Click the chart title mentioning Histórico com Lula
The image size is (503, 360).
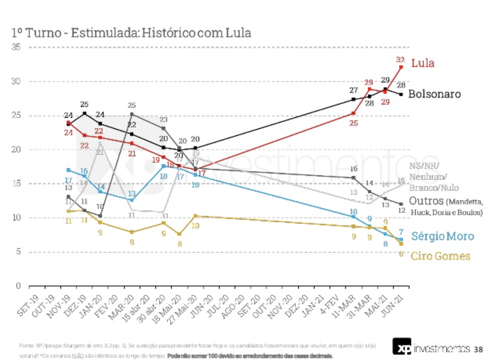pos(131,33)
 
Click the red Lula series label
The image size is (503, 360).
pos(423,63)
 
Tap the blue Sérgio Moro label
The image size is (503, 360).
pos(442,236)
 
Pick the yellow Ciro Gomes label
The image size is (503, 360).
pos(440,256)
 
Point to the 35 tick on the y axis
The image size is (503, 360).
pos(17,47)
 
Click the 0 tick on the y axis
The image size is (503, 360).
pos(18,286)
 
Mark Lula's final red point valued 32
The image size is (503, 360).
pos(401,67)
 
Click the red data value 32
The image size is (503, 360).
pos(401,59)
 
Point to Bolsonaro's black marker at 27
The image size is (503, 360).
pos(353,99)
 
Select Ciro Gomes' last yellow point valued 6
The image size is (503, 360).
pos(401,244)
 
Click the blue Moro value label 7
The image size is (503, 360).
pos(401,232)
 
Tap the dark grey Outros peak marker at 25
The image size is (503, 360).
pos(132,114)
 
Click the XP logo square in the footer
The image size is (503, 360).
pos(402,346)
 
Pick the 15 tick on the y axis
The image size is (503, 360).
pos(17,184)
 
